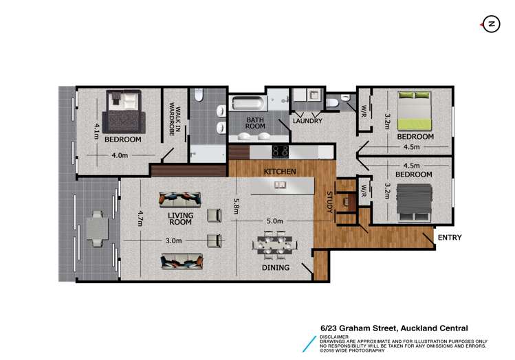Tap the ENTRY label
[448, 238]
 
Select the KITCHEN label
[280, 170]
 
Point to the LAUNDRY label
[307, 121]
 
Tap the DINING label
[275, 267]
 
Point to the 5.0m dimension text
[274, 221]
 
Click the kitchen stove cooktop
[280, 152]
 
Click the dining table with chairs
[275, 244]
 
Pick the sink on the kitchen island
[280, 184]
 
